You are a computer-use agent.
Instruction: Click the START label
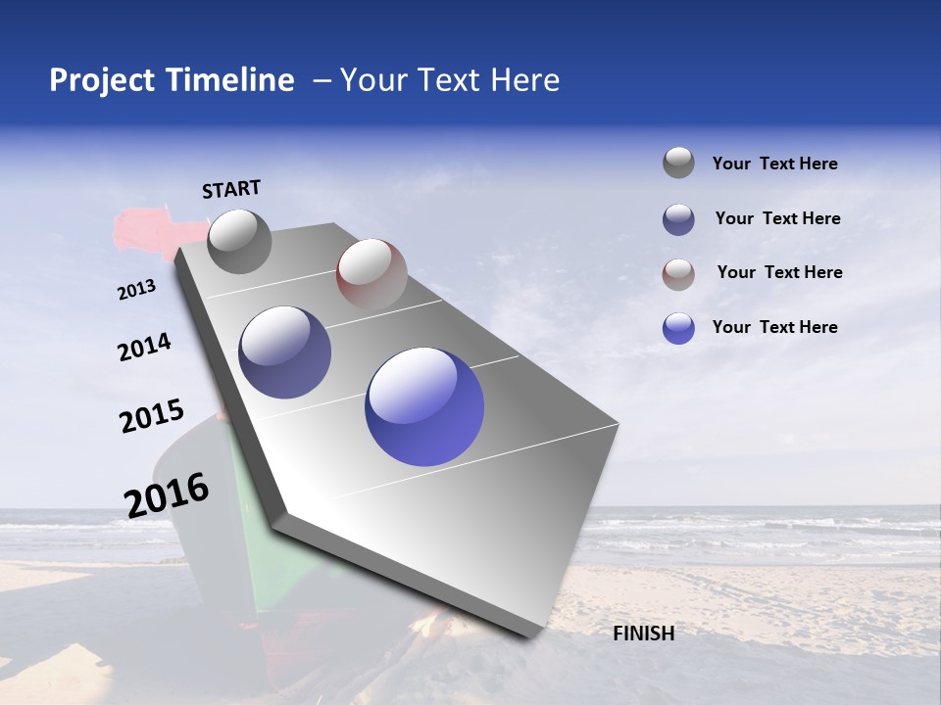pos(231,189)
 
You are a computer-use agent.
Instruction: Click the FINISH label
pos(644,634)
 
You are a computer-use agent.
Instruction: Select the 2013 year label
pos(136,289)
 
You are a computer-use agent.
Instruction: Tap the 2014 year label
pos(144,348)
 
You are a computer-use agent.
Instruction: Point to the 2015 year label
pos(151,416)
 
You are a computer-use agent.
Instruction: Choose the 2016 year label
pos(167,494)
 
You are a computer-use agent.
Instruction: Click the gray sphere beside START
pos(239,241)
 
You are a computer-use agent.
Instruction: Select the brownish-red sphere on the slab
pos(371,273)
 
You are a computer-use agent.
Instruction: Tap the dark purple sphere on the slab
pos(285,352)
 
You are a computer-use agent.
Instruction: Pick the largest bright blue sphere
pos(424,406)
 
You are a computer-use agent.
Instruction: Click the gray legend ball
pos(678,163)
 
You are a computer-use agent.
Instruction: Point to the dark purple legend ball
pos(678,219)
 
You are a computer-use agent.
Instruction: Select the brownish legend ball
pos(678,274)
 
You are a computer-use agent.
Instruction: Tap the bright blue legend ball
pos(678,328)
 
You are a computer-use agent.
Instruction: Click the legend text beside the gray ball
pos(774,164)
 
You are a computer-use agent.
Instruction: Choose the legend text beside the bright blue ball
pos(774,327)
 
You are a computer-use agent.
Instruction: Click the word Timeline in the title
pos(231,80)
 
